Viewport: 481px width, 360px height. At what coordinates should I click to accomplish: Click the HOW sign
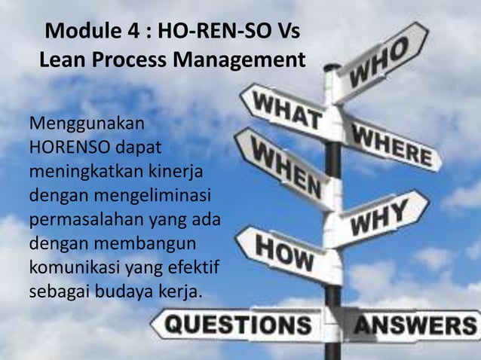tap(285, 253)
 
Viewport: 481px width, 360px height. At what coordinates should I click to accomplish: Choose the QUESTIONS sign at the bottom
tap(238, 325)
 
